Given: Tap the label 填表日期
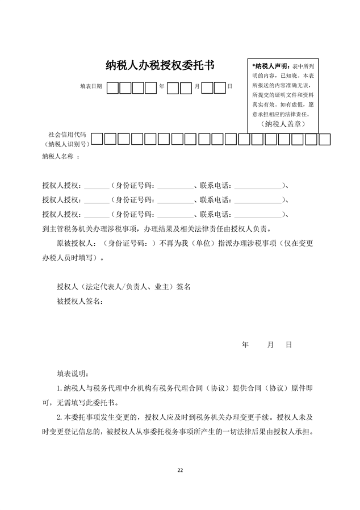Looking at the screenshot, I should tap(91, 86).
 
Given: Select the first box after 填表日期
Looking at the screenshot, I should tap(112, 87).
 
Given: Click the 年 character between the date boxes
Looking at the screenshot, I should tap(162, 86).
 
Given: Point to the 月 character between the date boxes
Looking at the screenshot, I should tap(196, 86).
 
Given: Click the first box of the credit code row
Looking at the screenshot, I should tap(97, 139).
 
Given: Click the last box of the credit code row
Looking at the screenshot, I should tap(324, 139).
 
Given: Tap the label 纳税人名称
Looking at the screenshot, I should tap(59, 157).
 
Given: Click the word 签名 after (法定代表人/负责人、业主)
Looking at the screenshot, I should tap(183, 287).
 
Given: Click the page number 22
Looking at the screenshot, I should tap(180, 470).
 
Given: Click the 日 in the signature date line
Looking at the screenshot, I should tap(288, 345).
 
